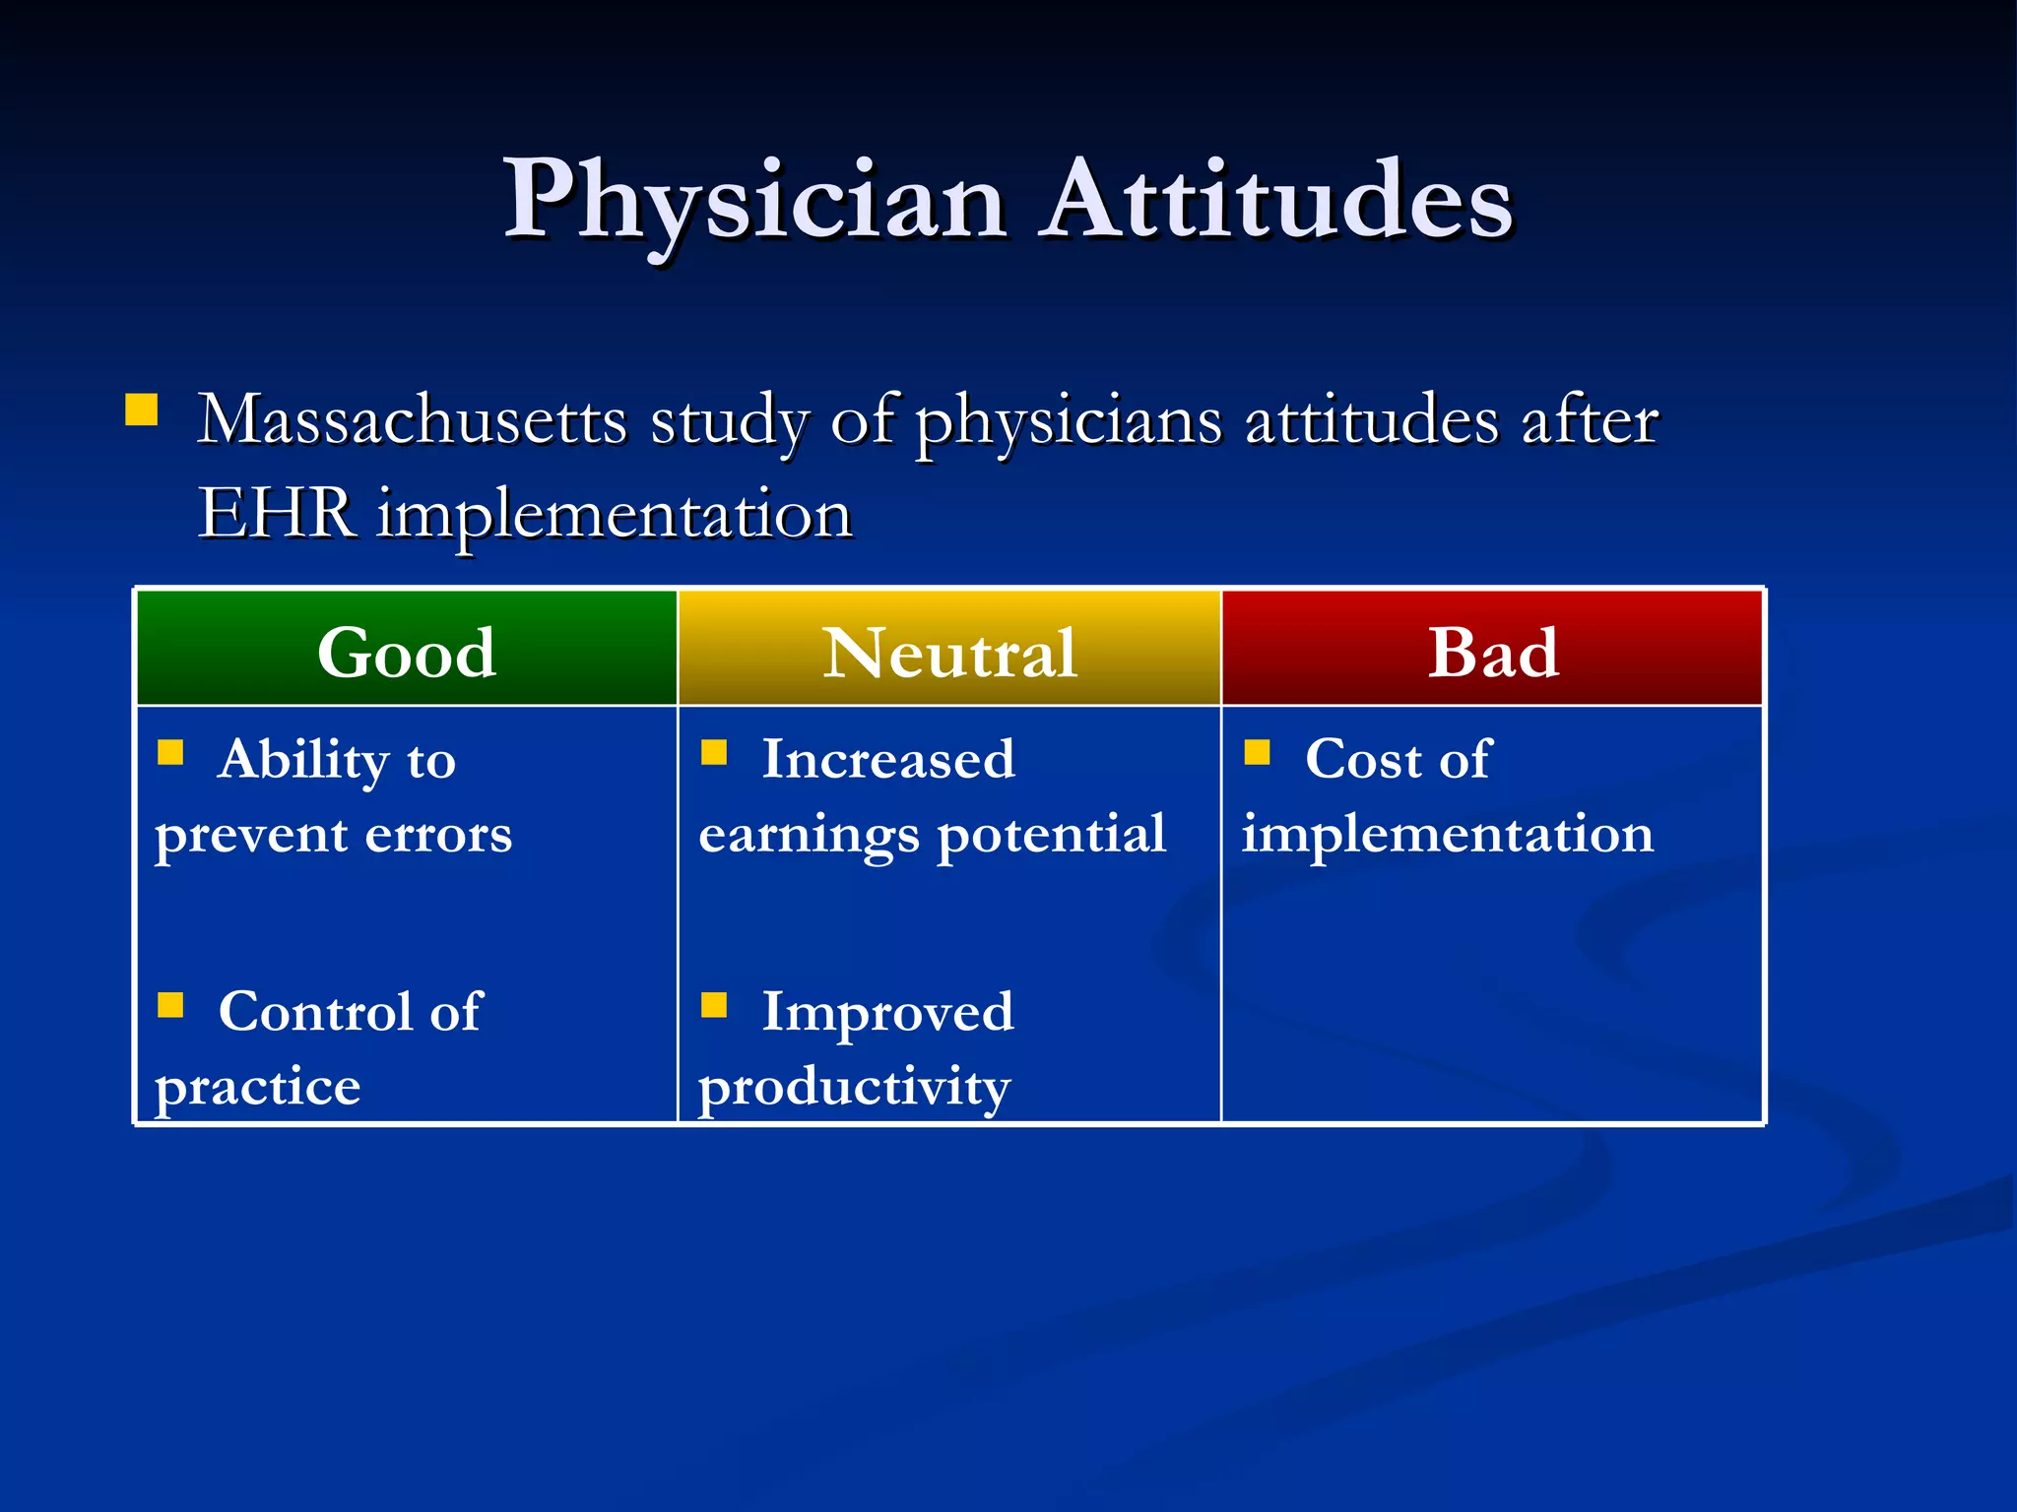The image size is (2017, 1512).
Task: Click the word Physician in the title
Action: (754, 202)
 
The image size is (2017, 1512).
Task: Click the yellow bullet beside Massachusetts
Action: (142, 409)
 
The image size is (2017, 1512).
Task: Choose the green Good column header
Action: (406, 652)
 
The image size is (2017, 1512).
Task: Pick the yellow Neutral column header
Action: (949, 652)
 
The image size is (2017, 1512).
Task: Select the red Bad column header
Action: (1493, 652)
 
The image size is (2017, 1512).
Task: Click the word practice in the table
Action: (258, 1088)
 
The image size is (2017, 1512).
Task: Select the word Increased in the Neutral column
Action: (888, 760)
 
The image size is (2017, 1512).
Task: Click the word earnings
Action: (810, 836)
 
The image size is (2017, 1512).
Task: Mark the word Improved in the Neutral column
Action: (888, 1012)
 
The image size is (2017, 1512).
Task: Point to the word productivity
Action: (854, 1088)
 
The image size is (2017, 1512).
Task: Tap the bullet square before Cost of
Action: (1257, 753)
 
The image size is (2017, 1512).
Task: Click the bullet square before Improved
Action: (713, 1005)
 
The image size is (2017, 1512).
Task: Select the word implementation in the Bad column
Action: (1448, 835)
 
